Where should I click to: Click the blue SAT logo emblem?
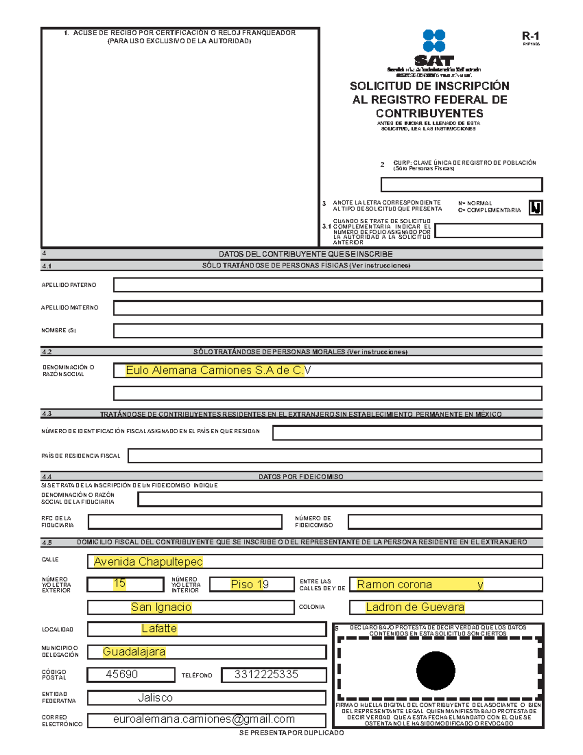[434, 40]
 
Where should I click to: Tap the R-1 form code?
[531, 36]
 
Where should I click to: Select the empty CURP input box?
[461, 185]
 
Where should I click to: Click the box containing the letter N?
[535, 208]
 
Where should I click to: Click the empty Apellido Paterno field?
[327, 285]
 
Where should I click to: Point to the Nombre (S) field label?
[59, 331]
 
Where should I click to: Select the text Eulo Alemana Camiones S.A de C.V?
[218, 370]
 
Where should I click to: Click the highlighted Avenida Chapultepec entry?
[148, 562]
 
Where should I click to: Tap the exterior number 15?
[120, 584]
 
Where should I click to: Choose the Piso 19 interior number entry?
[250, 584]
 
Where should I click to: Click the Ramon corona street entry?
[394, 584]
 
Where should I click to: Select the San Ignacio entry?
[161, 607]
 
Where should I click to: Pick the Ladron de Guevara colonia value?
[415, 607]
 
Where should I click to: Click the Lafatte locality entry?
[159, 629]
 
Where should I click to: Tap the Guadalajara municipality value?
[134, 652]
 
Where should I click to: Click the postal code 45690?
[122, 674]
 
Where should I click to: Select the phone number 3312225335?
[266, 674]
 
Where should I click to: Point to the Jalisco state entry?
[155, 698]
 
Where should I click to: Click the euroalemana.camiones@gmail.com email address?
[204, 719]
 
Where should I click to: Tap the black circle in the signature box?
[436, 671]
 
